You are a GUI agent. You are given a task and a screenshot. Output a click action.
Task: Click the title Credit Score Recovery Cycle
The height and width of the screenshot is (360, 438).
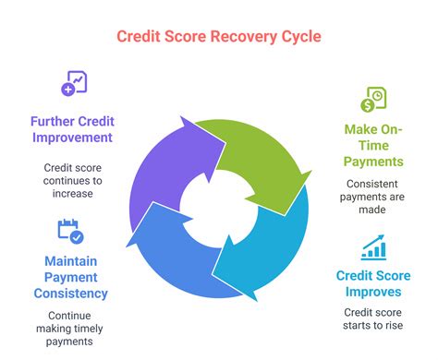point(219,36)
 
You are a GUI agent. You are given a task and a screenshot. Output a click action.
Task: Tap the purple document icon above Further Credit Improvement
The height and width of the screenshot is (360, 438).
point(73,84)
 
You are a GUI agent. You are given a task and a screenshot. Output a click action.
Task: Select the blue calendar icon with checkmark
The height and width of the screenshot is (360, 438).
point(70,231)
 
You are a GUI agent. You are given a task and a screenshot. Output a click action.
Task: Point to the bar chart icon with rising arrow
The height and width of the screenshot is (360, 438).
point(373,246)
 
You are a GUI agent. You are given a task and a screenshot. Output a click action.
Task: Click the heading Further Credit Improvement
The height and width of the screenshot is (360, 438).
point(71,128)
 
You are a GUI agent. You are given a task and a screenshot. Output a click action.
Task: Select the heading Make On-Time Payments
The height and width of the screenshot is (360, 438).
point(372,146)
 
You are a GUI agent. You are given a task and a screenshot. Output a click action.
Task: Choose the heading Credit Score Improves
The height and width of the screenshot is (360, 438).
point(374,283)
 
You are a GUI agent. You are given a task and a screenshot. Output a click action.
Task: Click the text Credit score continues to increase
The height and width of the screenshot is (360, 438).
point(71,180)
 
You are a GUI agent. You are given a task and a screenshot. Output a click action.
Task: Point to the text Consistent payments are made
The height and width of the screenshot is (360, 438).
point(372,198)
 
